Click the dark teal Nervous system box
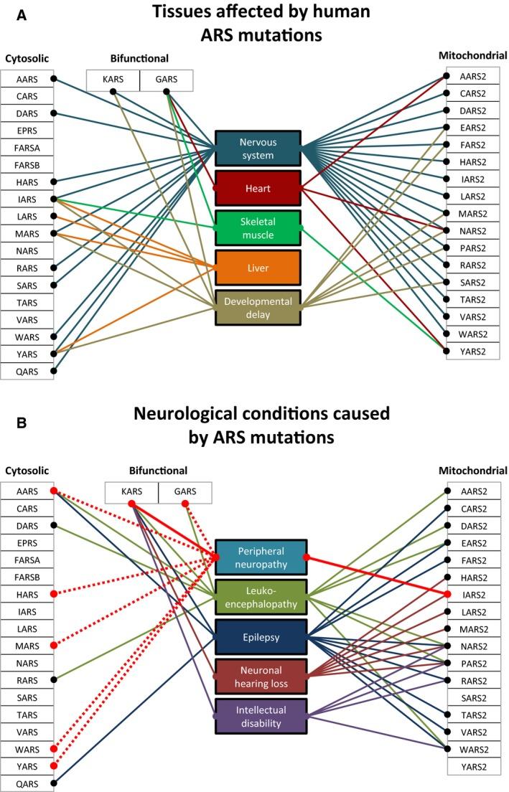(258, 148)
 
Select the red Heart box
(258, 189)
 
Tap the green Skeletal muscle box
(258, 228)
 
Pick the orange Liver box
(258, 268)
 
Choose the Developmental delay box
(258, 308)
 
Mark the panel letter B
(22, 423)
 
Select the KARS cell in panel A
(113, 80)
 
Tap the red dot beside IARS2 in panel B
(447, 594)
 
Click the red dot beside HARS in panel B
(53, 594)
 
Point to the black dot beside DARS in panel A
(53, 113)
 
